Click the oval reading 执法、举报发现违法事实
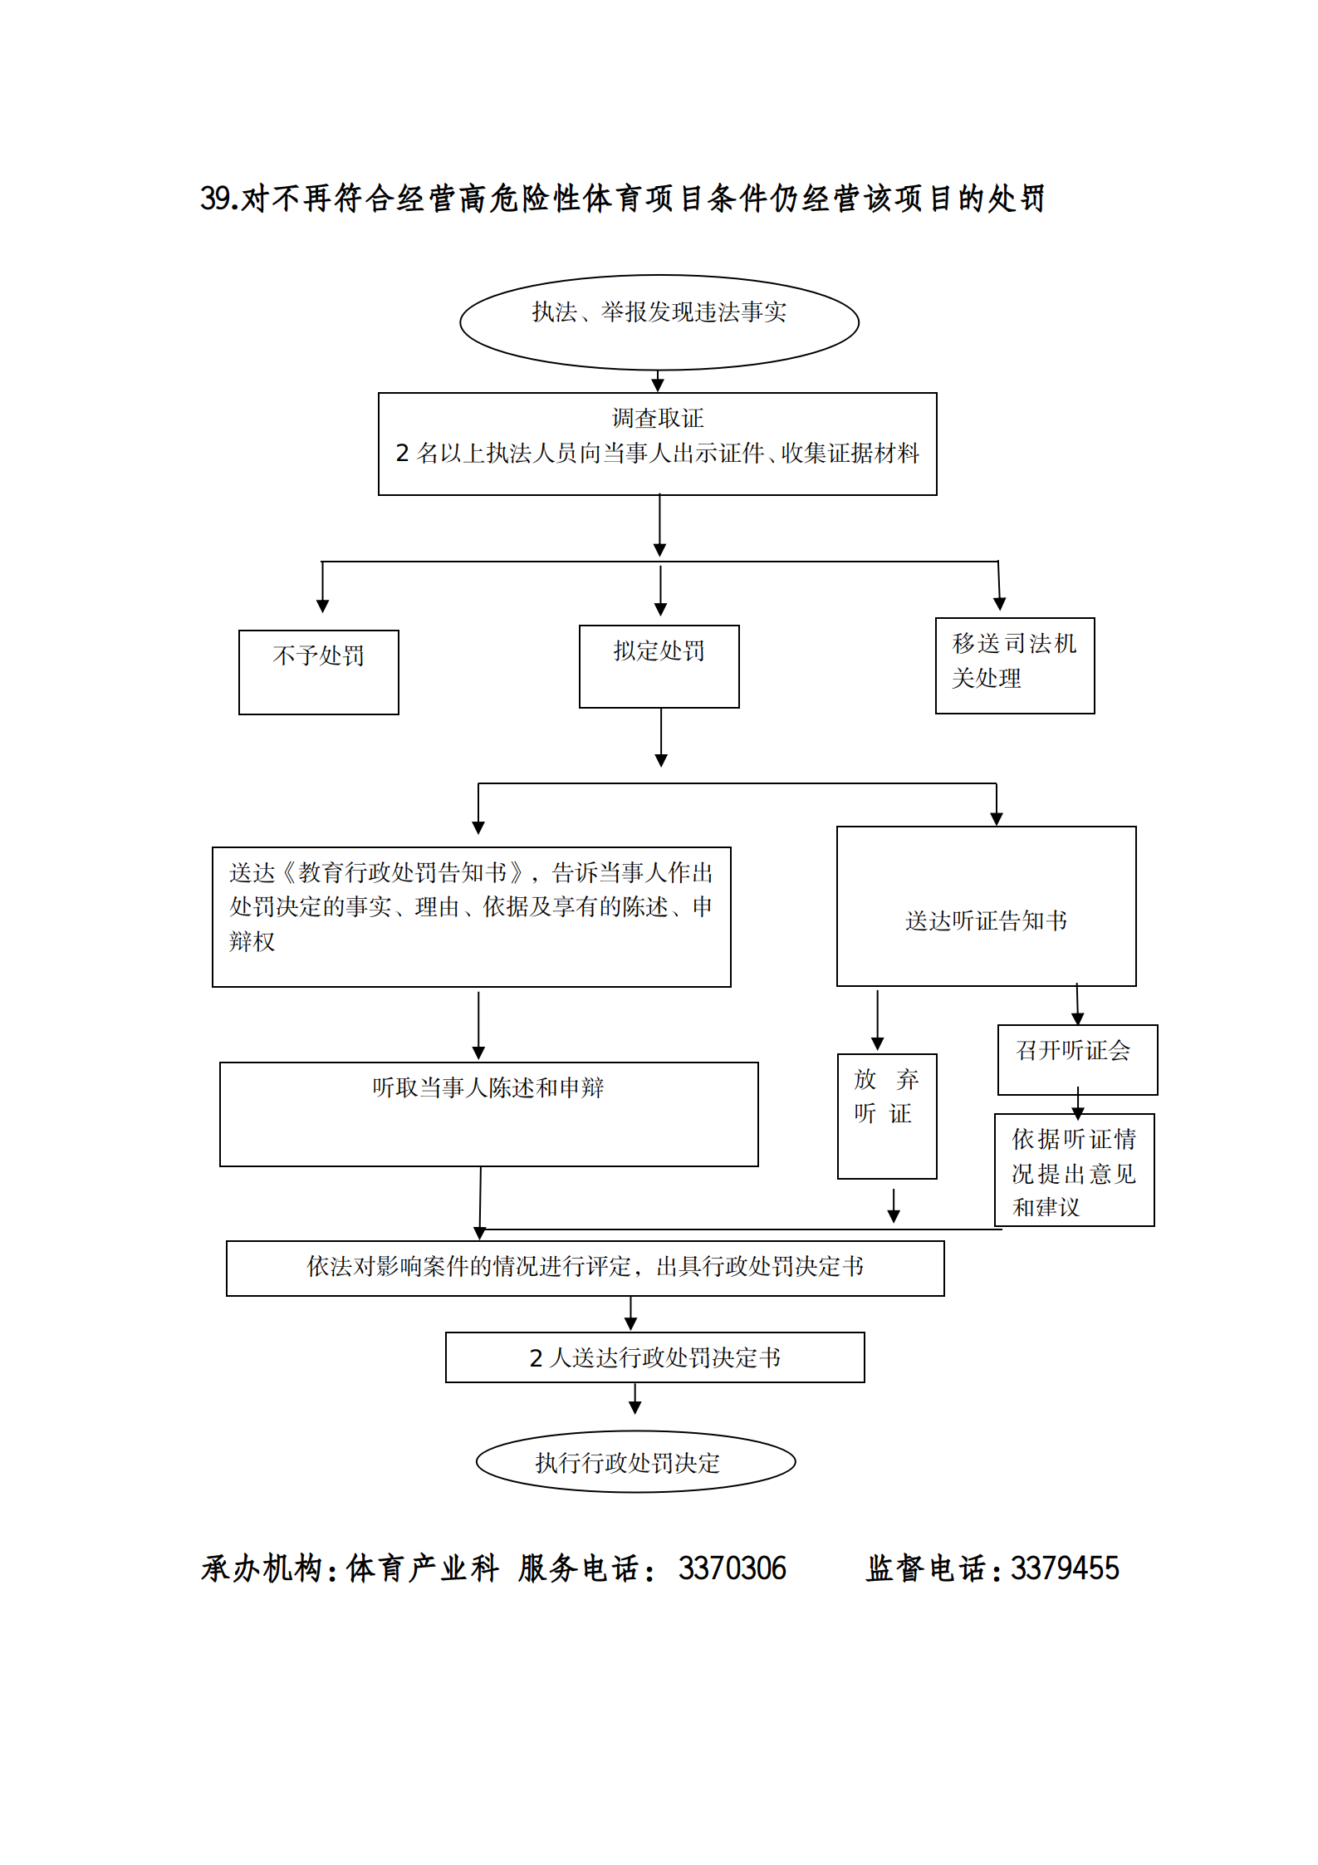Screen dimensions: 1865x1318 click(x=659, y=322)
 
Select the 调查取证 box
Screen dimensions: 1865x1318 click(x=657, y=444)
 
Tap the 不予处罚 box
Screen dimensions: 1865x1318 click(x=318, y=671)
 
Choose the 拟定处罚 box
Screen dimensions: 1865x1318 click(x=659, y=666)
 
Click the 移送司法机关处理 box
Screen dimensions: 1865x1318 click(x=1014, y=665)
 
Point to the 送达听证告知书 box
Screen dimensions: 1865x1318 click(x=986, y=906)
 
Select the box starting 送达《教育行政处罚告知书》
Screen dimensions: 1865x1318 click(x=471, y=916)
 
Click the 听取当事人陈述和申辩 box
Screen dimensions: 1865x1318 click(x=488, y=1113)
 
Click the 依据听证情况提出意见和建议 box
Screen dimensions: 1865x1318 click(x=1074, y=1170)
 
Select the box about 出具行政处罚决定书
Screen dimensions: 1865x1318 click(x=585, y=1268)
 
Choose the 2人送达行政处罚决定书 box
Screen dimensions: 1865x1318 click(x=654, y=1357)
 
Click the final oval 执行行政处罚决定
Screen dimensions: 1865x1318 click(x=635, y=1461)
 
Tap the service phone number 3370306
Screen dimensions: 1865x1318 click(x=732, y=1568)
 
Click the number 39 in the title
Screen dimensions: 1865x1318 click(x=214, y=199)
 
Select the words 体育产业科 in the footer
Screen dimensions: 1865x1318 click(x=422, y=1568)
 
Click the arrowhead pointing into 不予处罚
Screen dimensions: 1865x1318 click(x=322, y=606)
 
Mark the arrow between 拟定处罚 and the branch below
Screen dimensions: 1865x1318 click(x=661, y=738)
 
